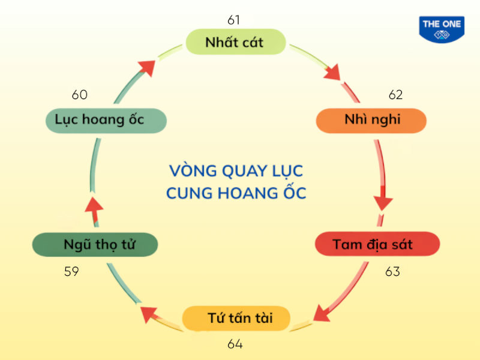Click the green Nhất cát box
pos(234,42)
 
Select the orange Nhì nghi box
pos(371,120)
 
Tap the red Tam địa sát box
pos(377,244)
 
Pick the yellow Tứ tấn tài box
pos(239,318)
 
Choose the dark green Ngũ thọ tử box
pos(95,245)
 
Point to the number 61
pos(234,20)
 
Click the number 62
pos(395,95)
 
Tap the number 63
pos(392,271)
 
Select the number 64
pos(235,344)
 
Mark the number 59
pos(71,271)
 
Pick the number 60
pos(80,95)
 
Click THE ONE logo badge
pos(442,29)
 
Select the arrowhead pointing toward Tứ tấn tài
pos(323,313)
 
